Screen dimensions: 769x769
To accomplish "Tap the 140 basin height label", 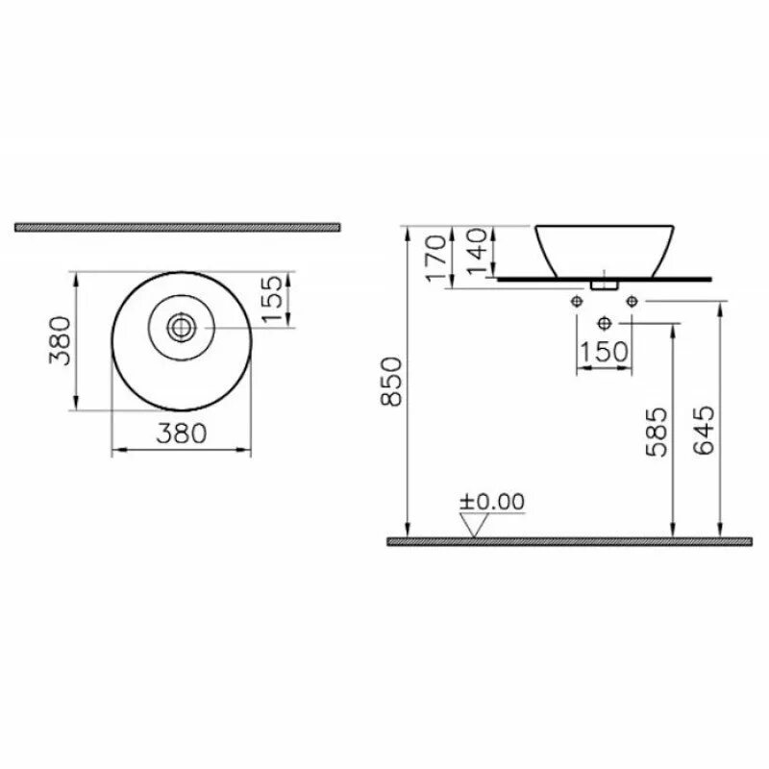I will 475,253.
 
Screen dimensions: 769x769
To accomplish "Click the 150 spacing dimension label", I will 604,353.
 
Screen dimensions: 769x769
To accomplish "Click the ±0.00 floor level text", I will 492,501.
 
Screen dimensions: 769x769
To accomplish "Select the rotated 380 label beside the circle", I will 61,340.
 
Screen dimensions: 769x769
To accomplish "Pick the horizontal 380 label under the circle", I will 181,434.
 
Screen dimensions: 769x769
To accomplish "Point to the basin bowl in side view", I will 605,249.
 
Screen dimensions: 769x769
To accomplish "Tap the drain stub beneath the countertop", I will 605,285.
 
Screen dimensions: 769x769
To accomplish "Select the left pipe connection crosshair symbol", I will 577,302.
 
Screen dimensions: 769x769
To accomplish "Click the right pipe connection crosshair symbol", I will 632,302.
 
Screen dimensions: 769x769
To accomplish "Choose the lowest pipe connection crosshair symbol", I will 605,322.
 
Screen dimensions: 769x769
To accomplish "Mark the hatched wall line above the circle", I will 179,228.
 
